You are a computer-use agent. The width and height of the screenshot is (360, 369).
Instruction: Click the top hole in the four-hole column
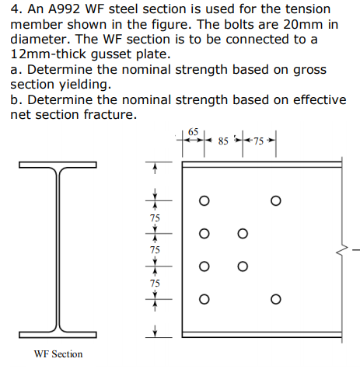coord(204,200)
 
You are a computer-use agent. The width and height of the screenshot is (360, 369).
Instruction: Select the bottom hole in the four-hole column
coord(204,299)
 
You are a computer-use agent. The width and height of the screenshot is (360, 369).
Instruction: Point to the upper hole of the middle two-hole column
coord(243,233)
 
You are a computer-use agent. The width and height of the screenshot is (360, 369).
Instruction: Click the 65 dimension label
coord(194,132)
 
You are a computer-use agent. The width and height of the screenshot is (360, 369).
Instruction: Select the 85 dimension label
coord(224,142)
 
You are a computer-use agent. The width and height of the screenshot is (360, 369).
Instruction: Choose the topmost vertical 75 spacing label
coord(155,217)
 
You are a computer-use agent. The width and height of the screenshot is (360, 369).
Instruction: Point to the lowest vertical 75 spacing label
coord(155,283)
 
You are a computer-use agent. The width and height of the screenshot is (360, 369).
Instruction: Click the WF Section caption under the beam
coord(58,353)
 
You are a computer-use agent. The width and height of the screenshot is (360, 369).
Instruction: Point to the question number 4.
coord(15,9)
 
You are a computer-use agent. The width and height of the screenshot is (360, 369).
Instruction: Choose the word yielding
coord(88,84)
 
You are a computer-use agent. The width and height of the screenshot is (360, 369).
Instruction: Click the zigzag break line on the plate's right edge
coord(340,250)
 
